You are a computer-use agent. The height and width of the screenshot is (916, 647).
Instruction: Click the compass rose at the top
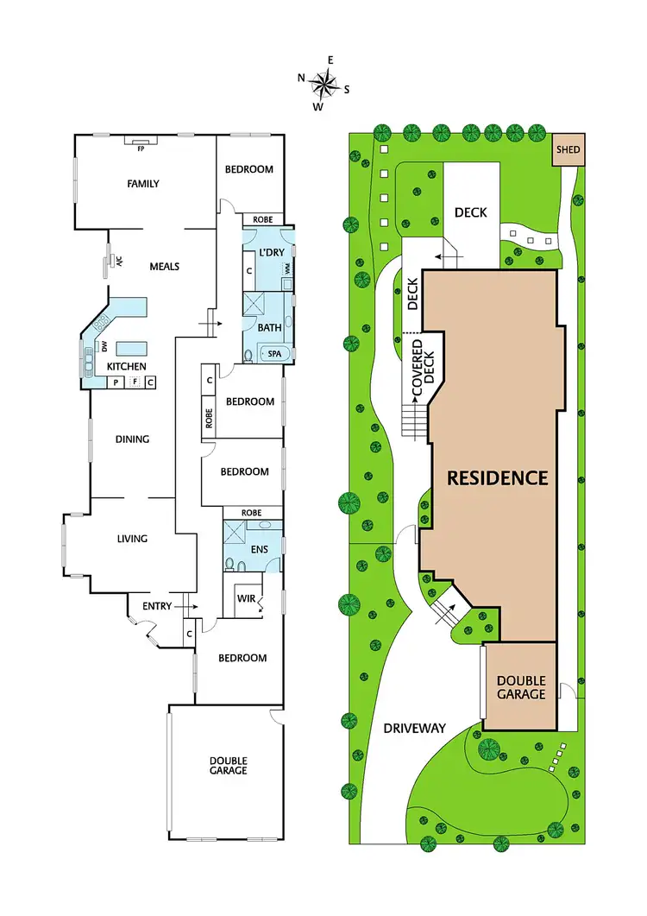click(x=323, y=84)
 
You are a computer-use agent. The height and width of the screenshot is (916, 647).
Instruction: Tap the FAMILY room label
click(x=143, y=184)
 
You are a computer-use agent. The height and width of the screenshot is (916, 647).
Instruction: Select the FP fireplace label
click(x=141, y=148)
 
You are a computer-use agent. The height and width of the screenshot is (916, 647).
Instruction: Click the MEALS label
click(x=163, y=267)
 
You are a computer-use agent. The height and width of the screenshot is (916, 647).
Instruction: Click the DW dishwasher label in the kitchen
click(x=105, y=346)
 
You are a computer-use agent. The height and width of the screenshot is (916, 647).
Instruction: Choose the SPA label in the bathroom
click(x=274, y=354)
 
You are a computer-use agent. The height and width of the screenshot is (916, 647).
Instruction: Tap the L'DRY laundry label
click(x=272, y=252)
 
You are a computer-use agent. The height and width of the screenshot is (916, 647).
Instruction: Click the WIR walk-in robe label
click(x=246, y=596)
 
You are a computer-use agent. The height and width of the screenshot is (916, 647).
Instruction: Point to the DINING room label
click(x=133, y=439)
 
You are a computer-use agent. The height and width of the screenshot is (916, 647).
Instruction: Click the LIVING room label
click(x=132, y=539)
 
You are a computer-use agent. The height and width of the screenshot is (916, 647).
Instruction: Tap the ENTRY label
click(x=157, y=607)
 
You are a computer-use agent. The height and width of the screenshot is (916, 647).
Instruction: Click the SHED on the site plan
click(x=568, y=150)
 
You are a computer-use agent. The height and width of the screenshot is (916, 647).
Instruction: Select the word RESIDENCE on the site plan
click(x=497, y=477)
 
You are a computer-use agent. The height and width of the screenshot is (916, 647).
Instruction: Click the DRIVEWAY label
click(x=415, y=729)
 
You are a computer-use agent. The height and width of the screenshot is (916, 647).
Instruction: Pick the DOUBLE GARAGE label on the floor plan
click(x=228, y=766)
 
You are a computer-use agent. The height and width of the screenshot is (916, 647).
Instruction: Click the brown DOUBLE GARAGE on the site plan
click(x=520, y=687)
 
